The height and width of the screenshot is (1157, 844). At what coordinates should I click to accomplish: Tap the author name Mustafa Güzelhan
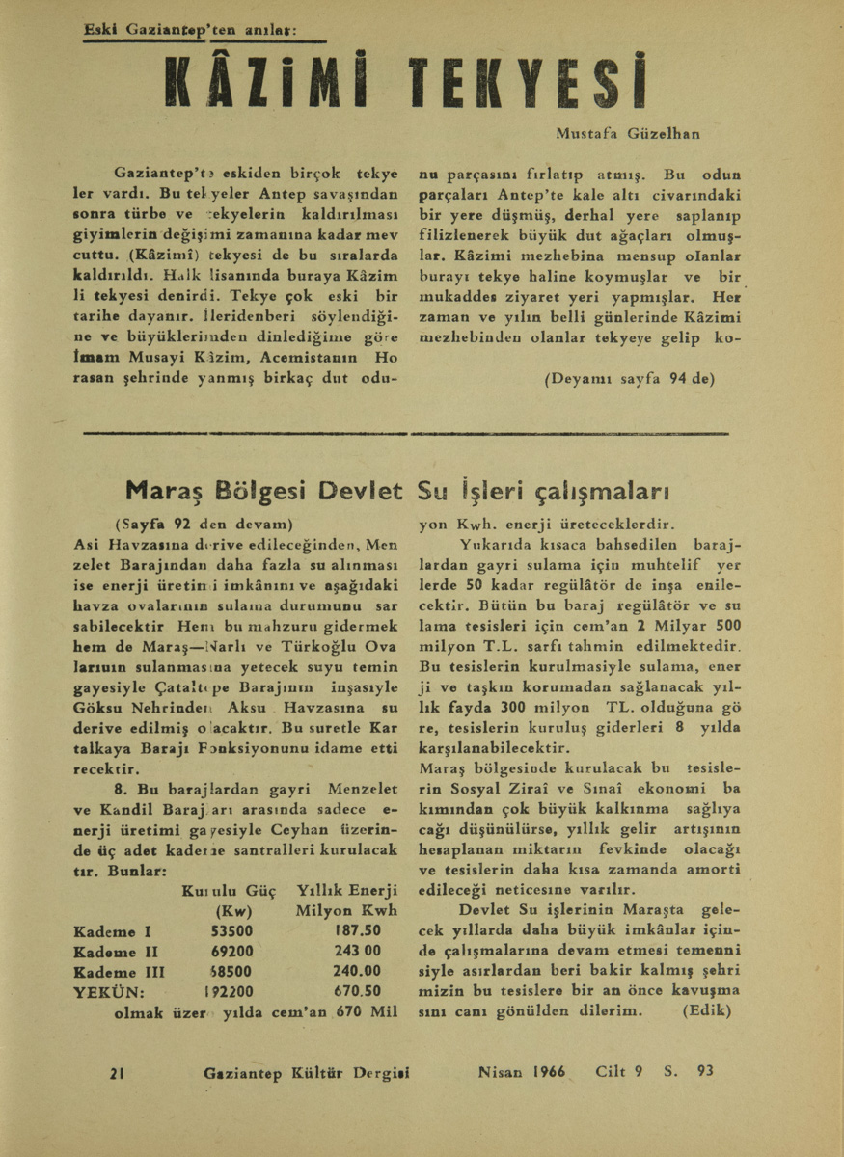point(627,133)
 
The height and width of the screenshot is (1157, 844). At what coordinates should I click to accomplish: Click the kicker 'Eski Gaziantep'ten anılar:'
point(189,30)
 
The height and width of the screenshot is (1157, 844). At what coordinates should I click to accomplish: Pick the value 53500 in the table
point(232,931)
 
